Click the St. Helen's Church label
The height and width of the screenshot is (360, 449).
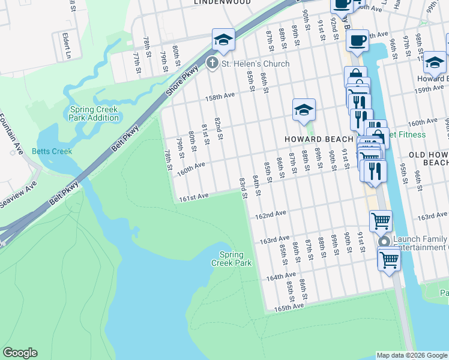[x=255, y=64]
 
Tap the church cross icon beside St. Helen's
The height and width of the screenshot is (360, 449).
[x=212, y=63]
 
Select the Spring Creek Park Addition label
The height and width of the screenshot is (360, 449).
[x=95, y=114]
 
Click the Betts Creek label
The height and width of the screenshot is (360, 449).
[x=52, y=151]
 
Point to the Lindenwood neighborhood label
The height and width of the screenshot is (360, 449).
[x=222, y=2]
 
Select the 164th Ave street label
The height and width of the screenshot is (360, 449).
[x=282, y=278]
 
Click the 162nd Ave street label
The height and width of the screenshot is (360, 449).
[x=270, y=214]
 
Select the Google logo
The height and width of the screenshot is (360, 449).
[x=20, y=353]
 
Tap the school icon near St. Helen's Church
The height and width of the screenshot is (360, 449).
[x=223, y=40]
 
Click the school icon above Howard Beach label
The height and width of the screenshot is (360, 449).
[x=304, y=109]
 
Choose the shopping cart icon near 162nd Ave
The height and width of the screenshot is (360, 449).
[x=381, y=221]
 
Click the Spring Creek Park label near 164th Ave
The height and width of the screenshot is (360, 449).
[x=231, y=259]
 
